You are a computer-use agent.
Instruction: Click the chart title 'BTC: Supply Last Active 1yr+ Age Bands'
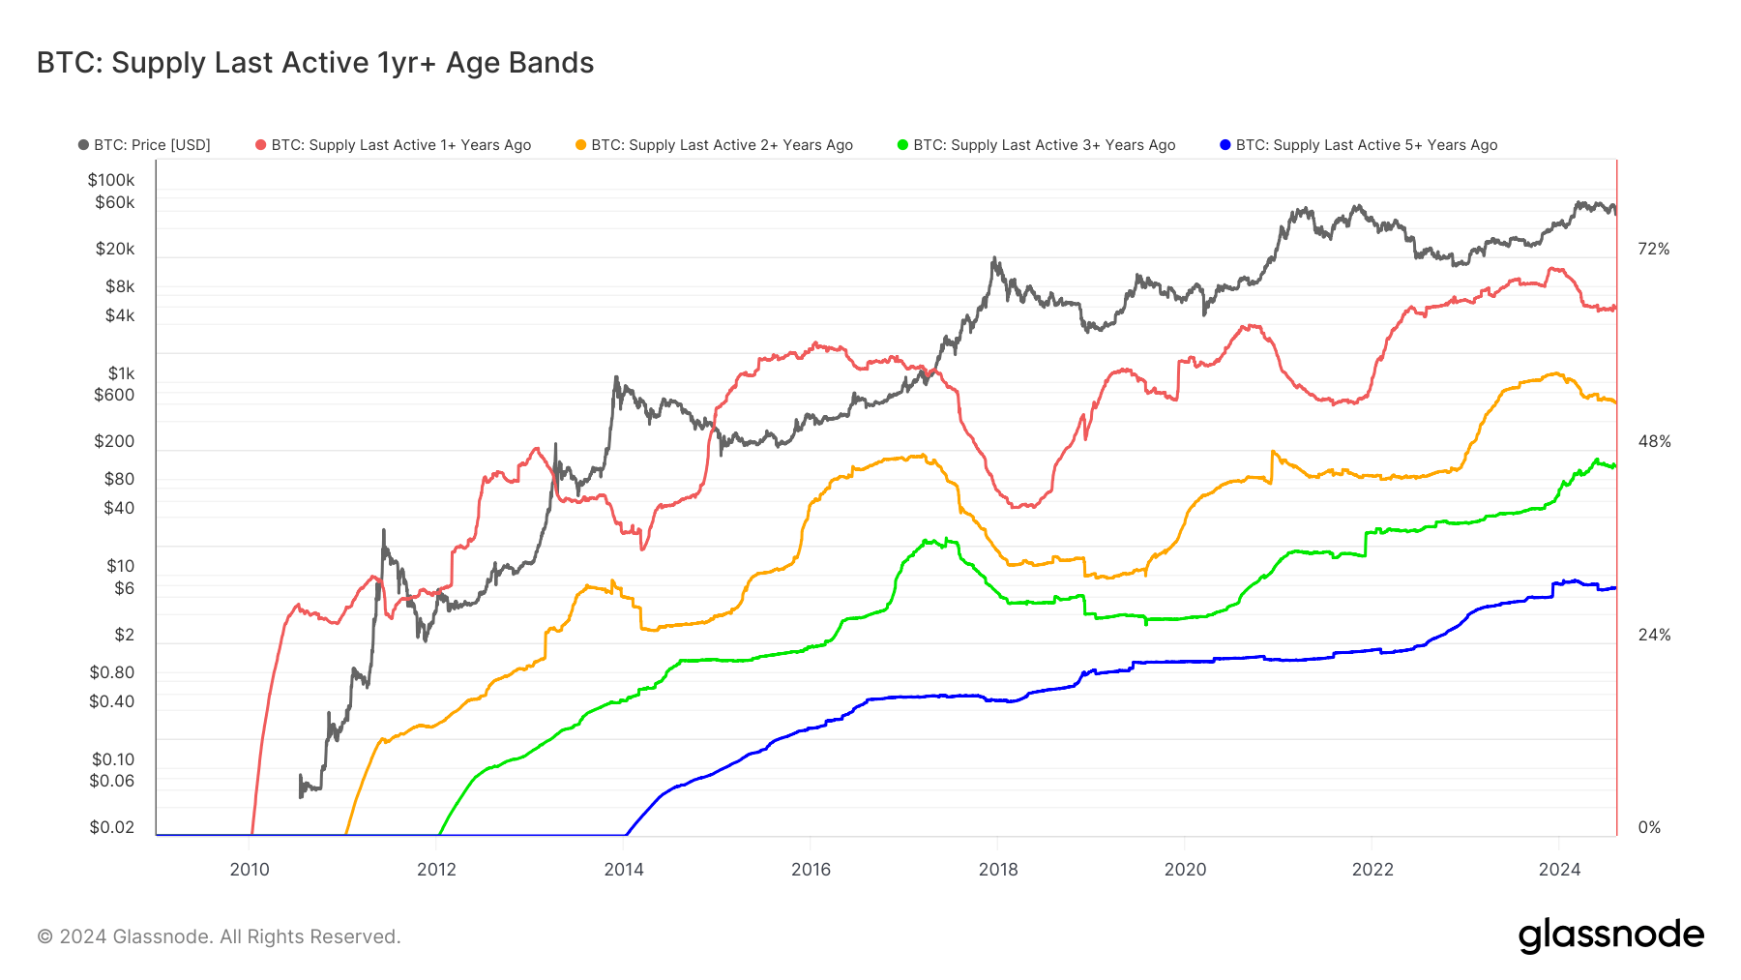click(315, 63)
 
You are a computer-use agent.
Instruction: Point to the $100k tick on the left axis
click(111, 180)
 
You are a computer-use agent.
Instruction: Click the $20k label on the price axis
click(115, 249)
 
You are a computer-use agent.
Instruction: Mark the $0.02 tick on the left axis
click(112, 827)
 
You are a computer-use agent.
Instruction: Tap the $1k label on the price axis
click(121, 373)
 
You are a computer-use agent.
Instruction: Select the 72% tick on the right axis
click(1653, 249)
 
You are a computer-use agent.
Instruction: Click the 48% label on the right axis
click(1653, 441)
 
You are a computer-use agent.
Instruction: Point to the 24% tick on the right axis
click(1653, 635)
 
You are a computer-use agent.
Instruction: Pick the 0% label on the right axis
click(1648, 827)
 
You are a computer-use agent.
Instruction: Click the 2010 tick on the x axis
click(250, 869)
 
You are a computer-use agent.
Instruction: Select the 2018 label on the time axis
click(998, 869)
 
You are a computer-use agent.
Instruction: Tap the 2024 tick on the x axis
click(1559, 869)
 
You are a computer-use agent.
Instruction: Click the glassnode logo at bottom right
click(1610, 935)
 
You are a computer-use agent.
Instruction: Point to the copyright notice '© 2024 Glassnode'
click(219, 936)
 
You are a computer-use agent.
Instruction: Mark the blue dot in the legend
click(1225, 145)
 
